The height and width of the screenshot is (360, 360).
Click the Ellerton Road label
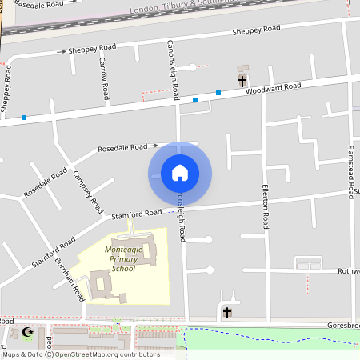tap(266, 205)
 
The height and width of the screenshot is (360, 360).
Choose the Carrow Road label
tap(104, 78)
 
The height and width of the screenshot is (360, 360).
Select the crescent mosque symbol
tap(30, 332)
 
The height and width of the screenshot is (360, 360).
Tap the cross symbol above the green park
tap(226, 312)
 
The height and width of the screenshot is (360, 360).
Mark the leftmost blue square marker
tap(24, 118)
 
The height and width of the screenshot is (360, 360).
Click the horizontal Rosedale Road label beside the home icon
tap(123, 148)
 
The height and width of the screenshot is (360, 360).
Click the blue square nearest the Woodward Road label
tap(218, 93)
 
